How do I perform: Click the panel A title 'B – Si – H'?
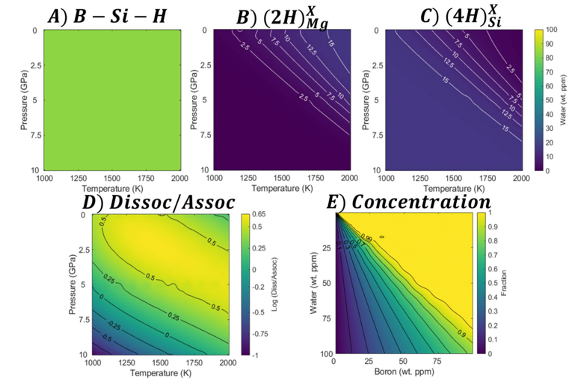click(108, 16)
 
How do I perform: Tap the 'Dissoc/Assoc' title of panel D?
click(159, 203)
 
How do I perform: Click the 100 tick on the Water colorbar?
click(551, 30)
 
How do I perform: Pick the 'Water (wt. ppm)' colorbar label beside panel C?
click(563, 100)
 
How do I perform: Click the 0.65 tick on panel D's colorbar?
click(259, 214)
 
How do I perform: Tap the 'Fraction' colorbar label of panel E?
click(504, 283)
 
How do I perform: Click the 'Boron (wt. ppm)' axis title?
click(404, 372)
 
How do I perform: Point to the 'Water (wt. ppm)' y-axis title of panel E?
click(314, 283)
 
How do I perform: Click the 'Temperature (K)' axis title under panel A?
click(112, 189)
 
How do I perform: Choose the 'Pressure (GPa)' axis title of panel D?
click(72, 284)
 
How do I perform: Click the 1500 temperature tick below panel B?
click(281, 178)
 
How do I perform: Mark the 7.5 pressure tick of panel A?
click(36, 135)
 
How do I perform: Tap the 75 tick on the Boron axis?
click(437, 361)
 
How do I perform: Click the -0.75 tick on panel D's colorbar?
click(260, 334)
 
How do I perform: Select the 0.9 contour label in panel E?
click(461, 333)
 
